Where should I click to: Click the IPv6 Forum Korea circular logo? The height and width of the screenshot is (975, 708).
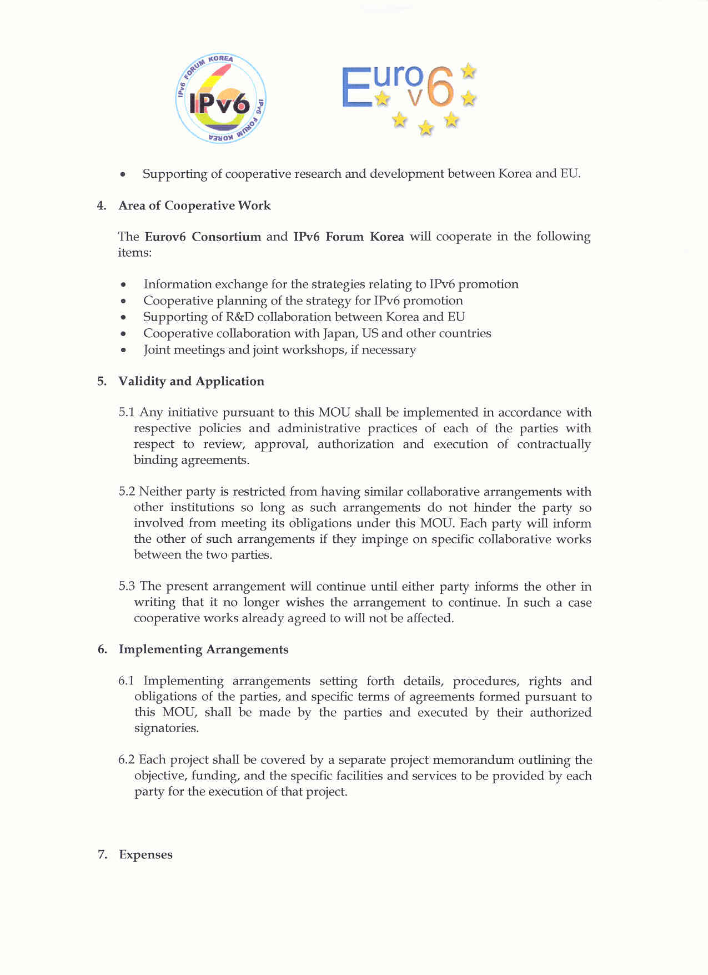pos(220,99)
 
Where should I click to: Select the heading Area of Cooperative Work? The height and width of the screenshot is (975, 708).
pos(194,206)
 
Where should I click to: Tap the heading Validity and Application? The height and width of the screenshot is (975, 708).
pos(191,381)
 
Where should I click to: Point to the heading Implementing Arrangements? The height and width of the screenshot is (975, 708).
pos(203,649)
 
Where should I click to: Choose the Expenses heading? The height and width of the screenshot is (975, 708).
pos(145,854)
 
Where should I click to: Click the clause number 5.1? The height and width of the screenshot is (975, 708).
pos(127,412)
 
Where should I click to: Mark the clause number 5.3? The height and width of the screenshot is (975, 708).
pos(127,586)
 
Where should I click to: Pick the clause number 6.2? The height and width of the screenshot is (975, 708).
pos(126,759)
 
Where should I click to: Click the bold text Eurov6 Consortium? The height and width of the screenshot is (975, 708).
pos(203,237)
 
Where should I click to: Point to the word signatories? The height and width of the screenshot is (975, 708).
pos(166,728)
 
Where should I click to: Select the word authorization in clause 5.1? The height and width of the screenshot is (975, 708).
pos(355,444)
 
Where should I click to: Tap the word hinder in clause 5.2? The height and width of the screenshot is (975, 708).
pos(492,507)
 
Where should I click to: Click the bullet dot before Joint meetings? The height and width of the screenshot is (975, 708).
pos(123,351)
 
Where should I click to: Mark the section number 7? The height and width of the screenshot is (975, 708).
pos(102,854)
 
